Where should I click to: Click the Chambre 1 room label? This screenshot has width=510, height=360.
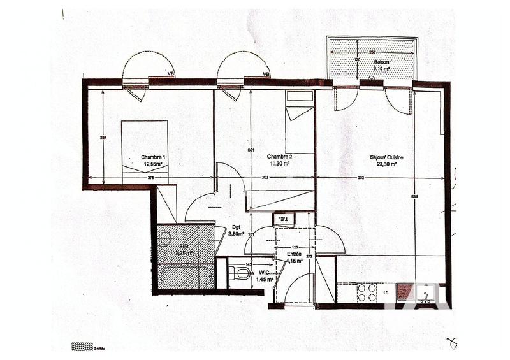[x=153, y=157]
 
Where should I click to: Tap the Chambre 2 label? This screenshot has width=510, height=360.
[x=279, y=157]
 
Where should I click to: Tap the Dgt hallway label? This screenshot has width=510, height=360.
[x=236, y=227]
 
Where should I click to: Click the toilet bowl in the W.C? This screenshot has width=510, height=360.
[x=242, y=273]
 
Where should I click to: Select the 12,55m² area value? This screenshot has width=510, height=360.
[x=153, y=164]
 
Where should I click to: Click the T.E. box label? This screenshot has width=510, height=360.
[x=282, y=220]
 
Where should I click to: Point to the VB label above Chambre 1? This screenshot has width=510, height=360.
[x=170, y=75]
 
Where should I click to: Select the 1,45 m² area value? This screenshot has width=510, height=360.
[x=265, y=279]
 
